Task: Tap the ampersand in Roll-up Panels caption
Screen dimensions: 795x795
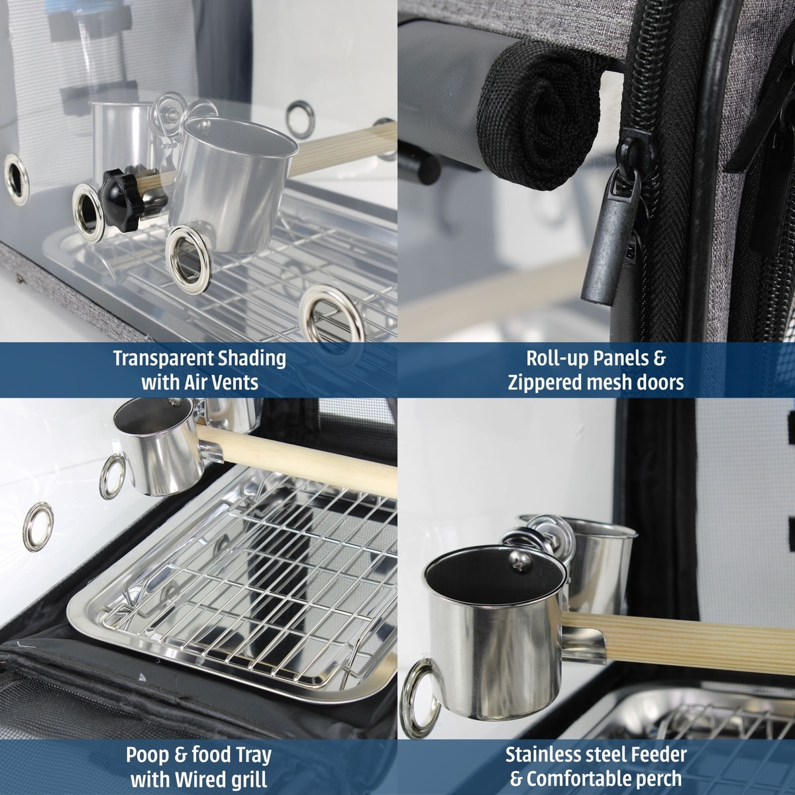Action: pyautogui.click(x=659, y=359)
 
